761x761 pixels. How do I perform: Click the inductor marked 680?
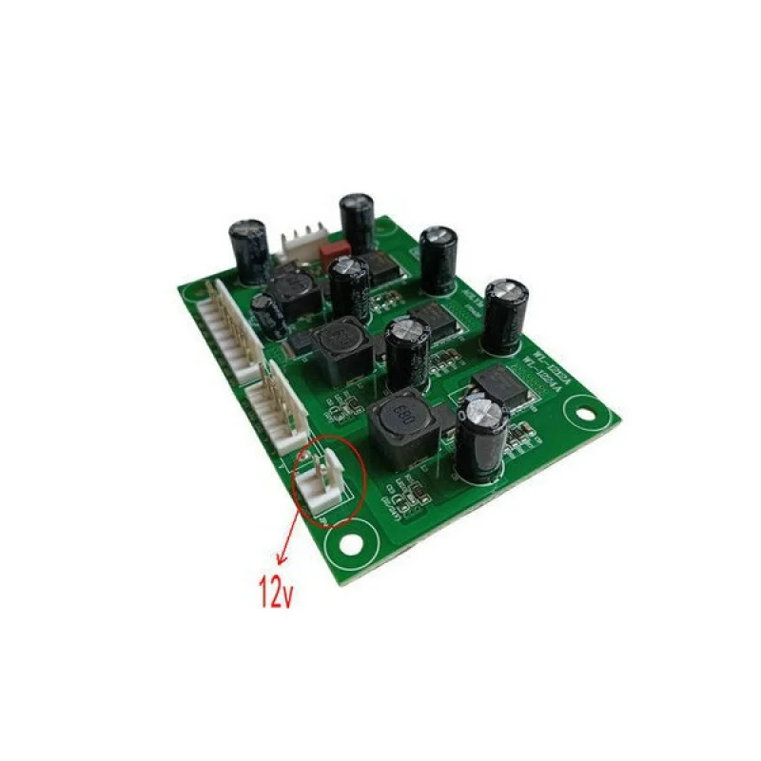pos(400,427)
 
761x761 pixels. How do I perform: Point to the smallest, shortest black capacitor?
pos(267,315)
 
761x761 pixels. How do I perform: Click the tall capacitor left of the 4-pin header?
pos(249,251)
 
